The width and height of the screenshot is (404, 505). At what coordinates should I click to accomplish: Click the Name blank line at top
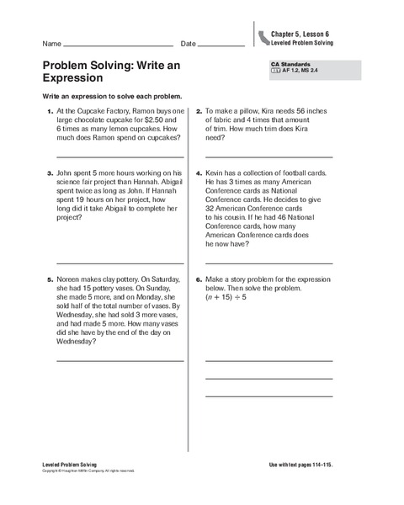coord(118,45)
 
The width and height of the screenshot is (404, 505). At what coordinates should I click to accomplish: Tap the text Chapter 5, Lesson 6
coord(300,34)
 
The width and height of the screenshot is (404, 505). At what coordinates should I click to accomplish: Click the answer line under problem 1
coord(120,157)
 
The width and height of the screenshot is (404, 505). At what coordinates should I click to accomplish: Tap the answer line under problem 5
coord(120,361)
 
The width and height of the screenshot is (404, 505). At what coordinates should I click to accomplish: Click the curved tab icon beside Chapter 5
coord(264,36)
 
